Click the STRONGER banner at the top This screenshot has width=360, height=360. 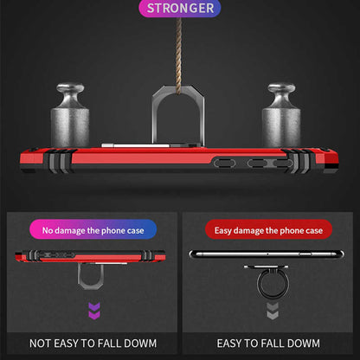point(180,8)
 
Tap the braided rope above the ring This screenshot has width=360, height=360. point(179,55)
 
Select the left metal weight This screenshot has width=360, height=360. point(70,115)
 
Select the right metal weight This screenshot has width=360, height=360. point(281,115)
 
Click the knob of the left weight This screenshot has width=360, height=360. point(70,89)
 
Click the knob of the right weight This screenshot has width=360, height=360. point(281,89)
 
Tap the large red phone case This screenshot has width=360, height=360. point(179,160)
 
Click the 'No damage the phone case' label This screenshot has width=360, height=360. point(93,230)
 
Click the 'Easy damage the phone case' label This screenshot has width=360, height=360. point(268,230)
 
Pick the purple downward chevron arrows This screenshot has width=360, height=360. point(94,311)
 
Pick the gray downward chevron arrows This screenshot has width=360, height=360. point(273,311)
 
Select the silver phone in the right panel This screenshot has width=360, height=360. point(267,254)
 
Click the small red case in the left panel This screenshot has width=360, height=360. point(90,256)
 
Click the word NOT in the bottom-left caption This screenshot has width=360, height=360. point(40,344)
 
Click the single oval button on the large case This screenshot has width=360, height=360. point(224,163)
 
